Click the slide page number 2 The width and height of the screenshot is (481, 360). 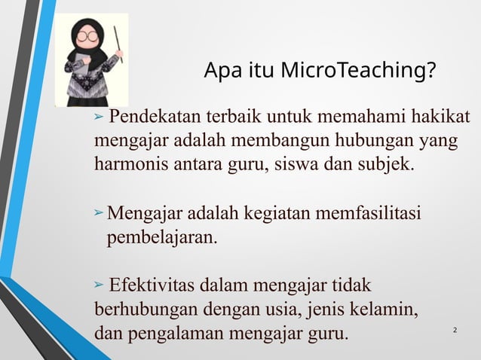click(455, 331)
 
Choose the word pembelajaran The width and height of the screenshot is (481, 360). click(162, 239)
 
